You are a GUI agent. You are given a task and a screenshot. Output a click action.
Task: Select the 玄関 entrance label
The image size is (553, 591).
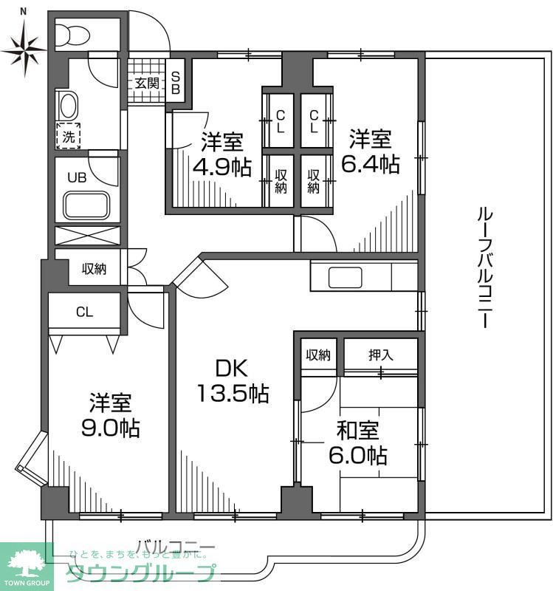click(x=147, y=83)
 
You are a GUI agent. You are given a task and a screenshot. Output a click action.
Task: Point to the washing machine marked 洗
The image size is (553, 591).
click(x=69, y=137)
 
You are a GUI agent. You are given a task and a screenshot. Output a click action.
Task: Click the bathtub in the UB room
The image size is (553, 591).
click(x=86, y=205)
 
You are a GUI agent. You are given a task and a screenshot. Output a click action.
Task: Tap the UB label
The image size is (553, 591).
click(x=77, y=177)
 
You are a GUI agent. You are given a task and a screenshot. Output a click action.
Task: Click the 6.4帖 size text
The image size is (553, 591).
click(x=370, y=163)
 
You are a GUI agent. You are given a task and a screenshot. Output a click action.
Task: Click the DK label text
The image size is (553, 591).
click(x=231, y=367)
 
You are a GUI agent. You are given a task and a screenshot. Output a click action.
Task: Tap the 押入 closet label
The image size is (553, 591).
click(x=381, y=355)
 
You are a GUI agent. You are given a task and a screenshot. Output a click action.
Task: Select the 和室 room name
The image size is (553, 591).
click(x=358, y=429)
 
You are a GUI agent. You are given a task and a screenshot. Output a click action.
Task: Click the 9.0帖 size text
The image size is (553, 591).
click(x=111, y=428)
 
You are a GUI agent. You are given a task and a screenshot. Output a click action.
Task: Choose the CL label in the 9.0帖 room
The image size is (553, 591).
click(x=84, y=312)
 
